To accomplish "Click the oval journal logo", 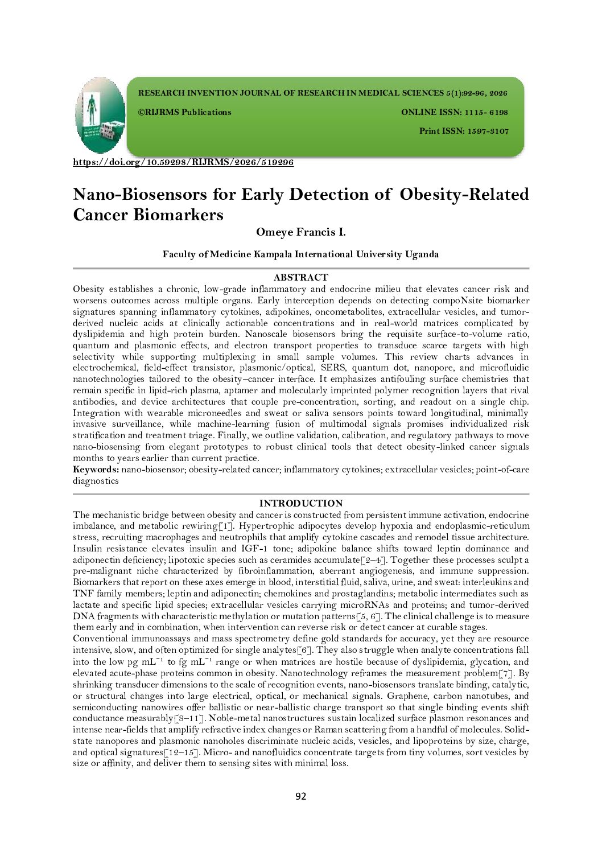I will [100, 115].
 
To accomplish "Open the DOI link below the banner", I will [183, 162].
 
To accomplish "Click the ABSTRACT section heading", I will [300, 277].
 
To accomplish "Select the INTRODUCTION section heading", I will [300, 503].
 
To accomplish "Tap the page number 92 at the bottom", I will [300, 796].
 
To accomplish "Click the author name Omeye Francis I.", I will [300, 232].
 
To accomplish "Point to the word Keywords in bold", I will [95, 470].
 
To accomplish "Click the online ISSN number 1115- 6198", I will [486, 112].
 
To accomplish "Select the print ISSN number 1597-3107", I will [488, 131].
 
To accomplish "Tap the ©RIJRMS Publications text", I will [185, 112].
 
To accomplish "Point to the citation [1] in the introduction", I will [226, 526].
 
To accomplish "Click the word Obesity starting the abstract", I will [89, 289].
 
